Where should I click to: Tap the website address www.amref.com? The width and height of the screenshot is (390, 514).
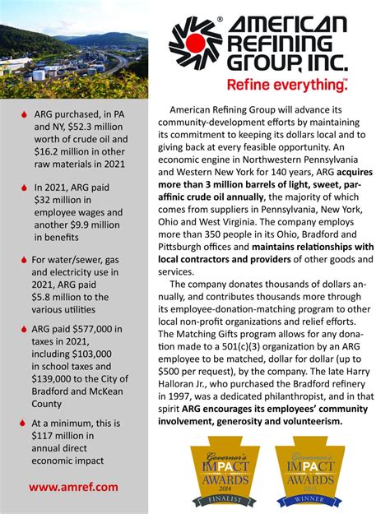[x=73, y=487]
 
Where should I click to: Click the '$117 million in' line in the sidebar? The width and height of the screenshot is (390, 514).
[x=63, y=436]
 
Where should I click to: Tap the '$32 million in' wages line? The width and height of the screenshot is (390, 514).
[x=64, y=200]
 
